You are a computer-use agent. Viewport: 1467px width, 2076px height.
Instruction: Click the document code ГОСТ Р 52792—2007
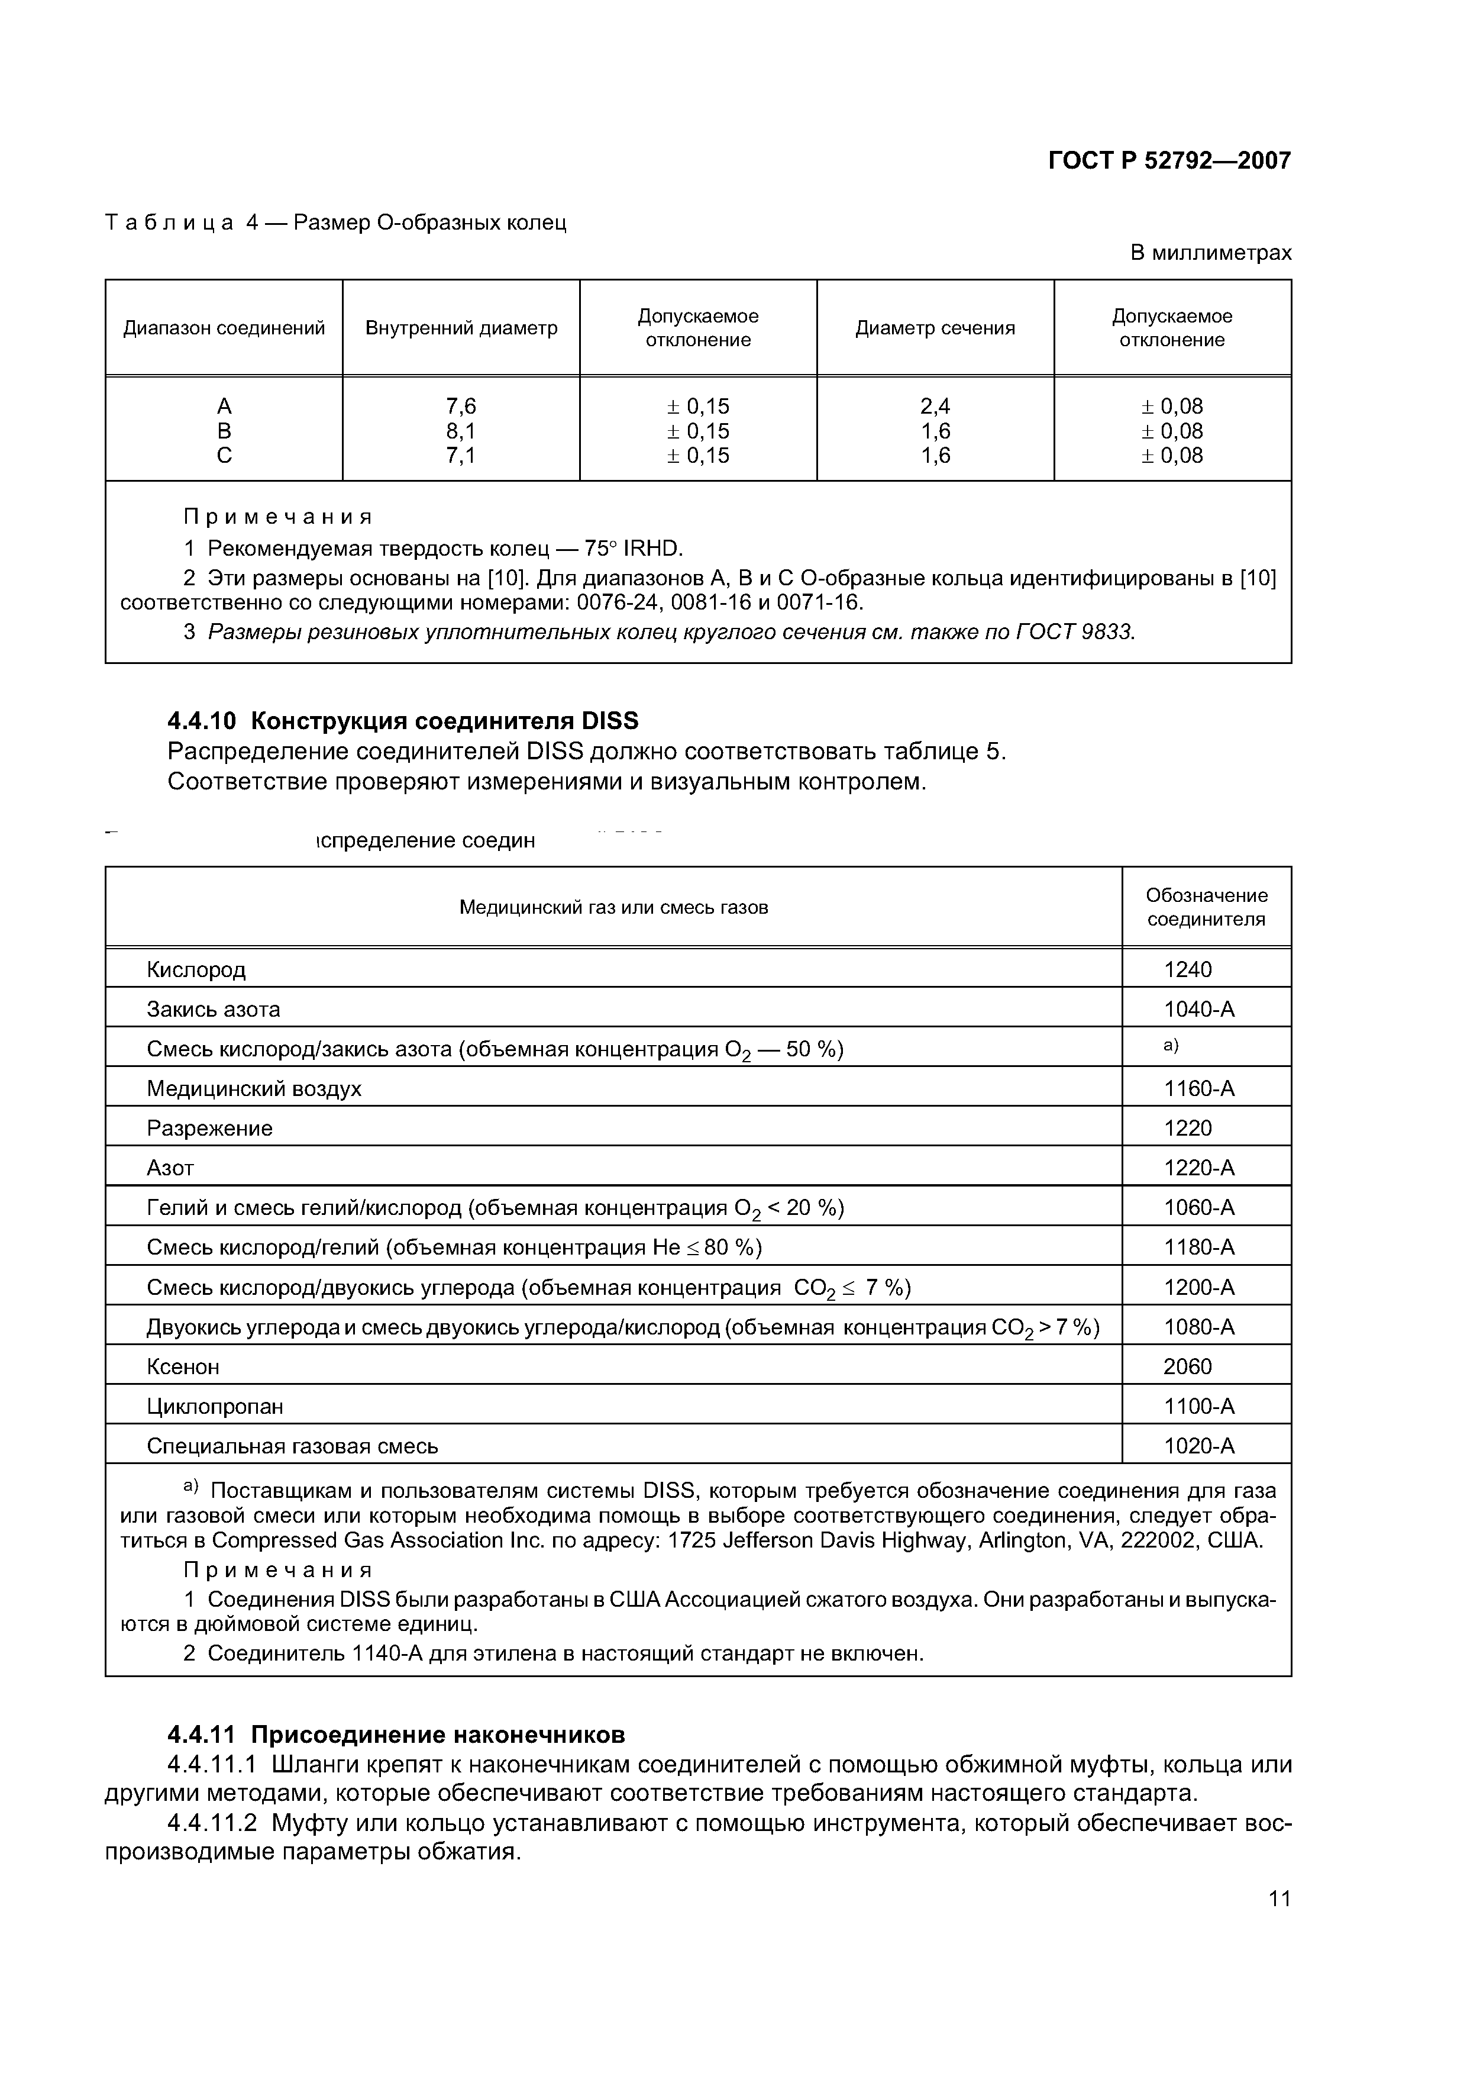point(1169,161)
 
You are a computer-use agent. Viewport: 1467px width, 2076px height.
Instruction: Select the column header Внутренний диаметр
point(461,328)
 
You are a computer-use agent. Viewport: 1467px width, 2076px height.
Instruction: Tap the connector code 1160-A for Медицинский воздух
point(1198,1089)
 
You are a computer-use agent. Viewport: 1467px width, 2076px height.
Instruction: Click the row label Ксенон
point(183,1366)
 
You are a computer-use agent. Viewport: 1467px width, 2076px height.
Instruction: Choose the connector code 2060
point(1188,1366)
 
